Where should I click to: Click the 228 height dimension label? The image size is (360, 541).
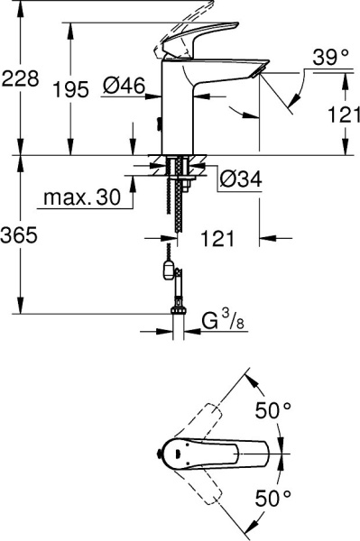(x=20, y=78)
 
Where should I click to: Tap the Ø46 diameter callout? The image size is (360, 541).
(x=125, y=87)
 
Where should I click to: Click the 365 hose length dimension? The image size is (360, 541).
(x=20, y=236)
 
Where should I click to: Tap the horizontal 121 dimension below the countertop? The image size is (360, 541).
(x=218, y=241)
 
